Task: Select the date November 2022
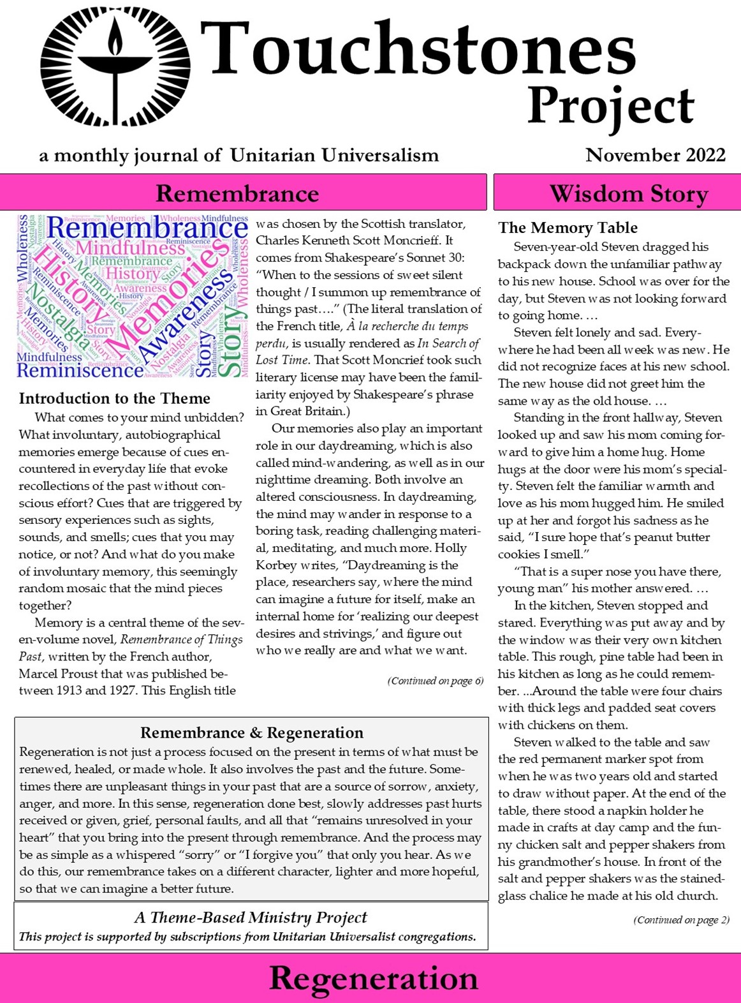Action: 655,155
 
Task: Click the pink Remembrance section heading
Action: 237,193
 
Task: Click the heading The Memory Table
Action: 568,228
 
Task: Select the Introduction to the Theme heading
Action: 114,398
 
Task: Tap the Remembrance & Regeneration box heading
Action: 251,732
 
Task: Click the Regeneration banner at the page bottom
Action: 373,978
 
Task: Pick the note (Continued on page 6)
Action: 435,681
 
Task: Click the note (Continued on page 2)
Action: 681,919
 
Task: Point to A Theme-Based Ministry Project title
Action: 251,918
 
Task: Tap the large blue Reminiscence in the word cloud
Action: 80,370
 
